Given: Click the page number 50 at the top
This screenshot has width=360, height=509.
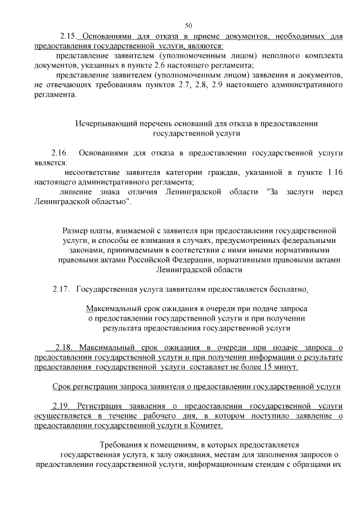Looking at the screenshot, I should tap(188, 24).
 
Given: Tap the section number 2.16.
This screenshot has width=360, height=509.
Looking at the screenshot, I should tap(59, 153).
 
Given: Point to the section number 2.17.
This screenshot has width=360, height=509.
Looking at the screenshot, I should tap(60, 289).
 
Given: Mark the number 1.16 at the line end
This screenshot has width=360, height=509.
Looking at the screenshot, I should tap(334, 173).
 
